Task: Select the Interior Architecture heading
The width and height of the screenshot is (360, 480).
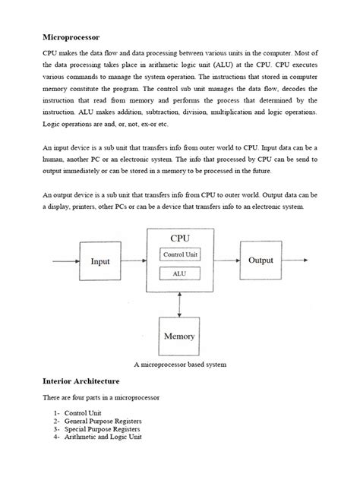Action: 83,381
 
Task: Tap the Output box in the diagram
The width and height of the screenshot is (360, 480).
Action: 261,261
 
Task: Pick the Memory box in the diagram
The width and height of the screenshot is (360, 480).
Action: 179,336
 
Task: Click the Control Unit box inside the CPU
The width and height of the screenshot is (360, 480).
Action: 180,255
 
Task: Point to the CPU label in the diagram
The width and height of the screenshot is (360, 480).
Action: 180,238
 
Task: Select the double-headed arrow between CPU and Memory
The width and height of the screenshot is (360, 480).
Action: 180,302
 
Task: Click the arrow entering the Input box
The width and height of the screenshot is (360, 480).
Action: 65,261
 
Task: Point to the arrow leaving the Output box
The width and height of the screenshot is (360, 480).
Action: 295,261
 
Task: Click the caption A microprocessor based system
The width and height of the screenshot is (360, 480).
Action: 180,365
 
